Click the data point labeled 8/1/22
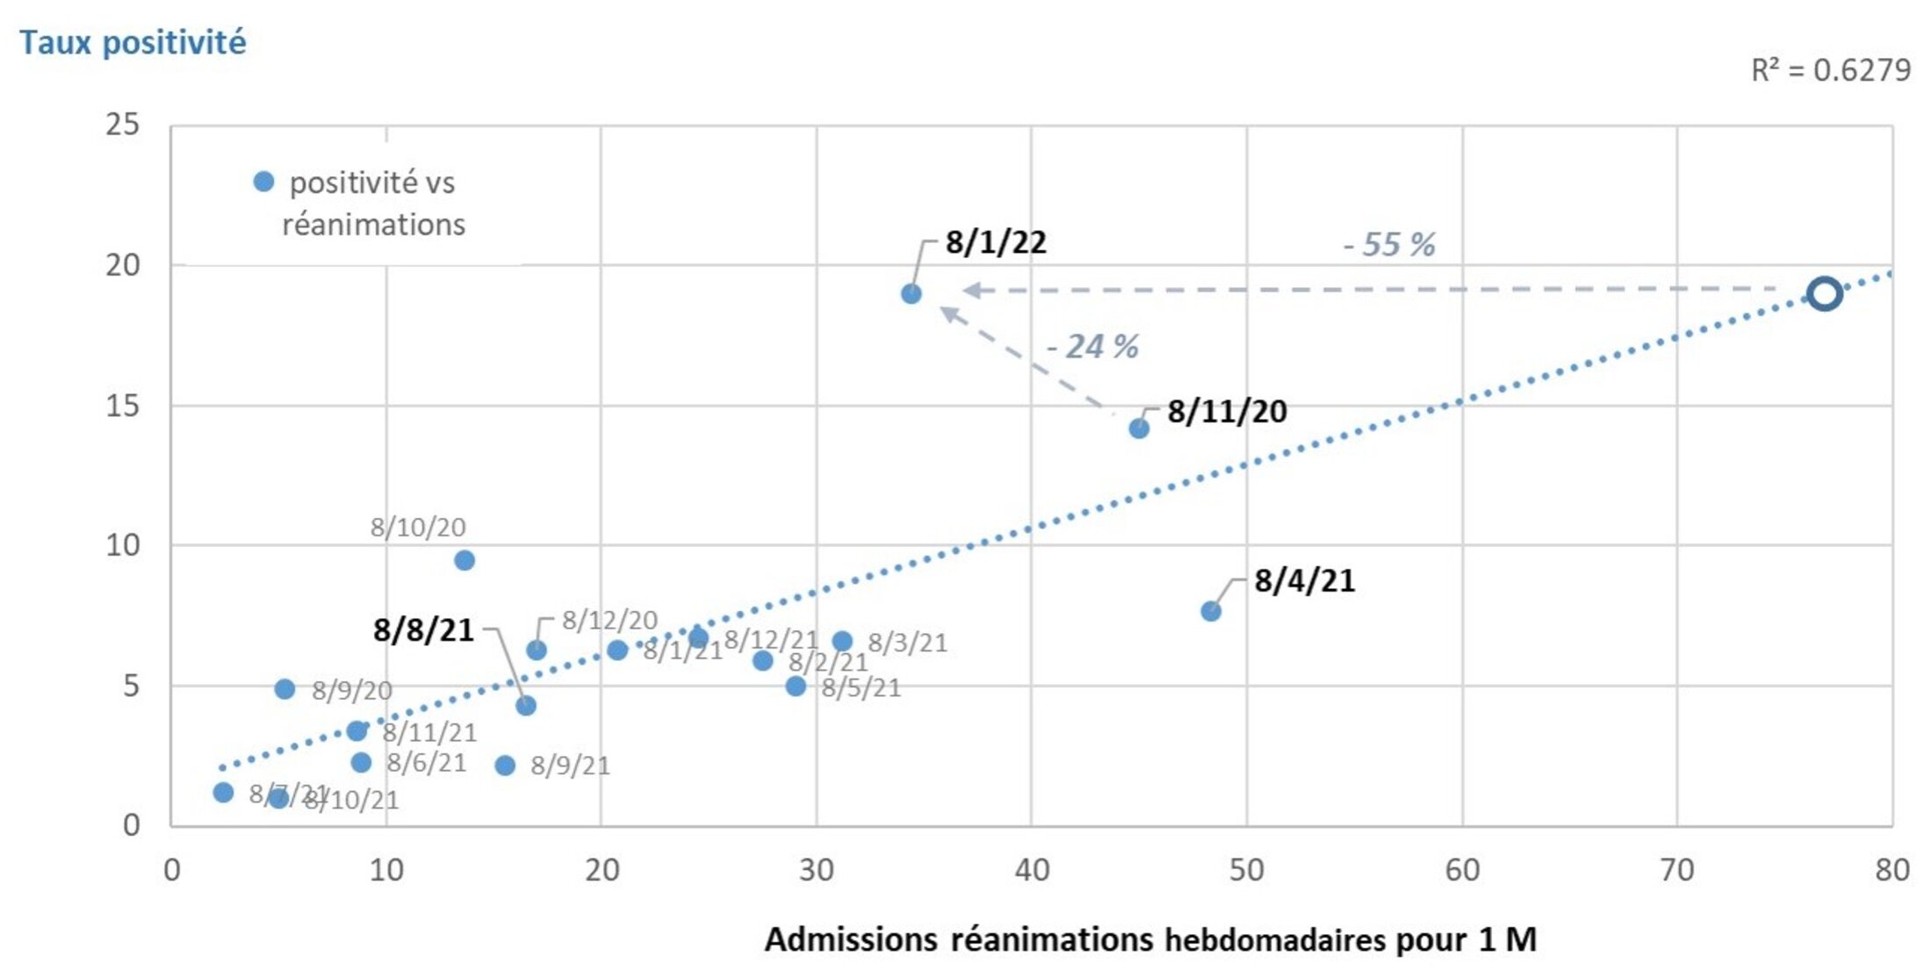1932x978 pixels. tap(911, 293)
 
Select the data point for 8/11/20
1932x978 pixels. tap(1138, 428)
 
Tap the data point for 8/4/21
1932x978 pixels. tap(1210, 611)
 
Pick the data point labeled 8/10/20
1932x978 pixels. tap(465, 560)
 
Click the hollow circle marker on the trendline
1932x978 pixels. tap(1824, 293)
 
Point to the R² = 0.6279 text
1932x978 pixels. tap(1830, 70)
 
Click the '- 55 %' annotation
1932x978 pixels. tap(1389, 244)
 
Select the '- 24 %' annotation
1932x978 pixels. tap(1092, 347)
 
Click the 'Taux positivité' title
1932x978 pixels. tap(133, 42)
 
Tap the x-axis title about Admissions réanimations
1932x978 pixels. tap(1150, 939)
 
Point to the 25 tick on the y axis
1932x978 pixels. tap(123, 125)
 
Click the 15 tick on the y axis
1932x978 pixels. tap(123, 406)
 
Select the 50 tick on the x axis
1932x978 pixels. tap(1246, 870)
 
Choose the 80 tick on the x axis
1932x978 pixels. tap(1892, 870)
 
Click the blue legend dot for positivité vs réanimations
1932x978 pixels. tap(263, 182)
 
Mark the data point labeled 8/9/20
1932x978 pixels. tap(285, 689)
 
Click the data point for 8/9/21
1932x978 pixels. tap(505, 766)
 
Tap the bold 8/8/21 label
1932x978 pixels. tap(423, 630)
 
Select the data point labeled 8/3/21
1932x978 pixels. tap(842, 641)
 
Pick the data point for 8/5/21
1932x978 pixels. tap(796, 686)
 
